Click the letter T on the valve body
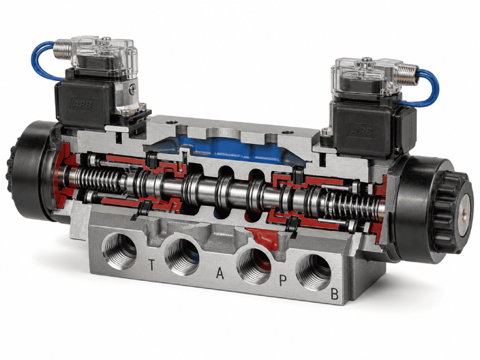pos(151,265)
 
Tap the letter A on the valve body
pos(220,274)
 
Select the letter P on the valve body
pos(283,281)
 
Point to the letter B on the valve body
pos(335,294)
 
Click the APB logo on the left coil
pos(82,104)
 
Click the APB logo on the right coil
pos(362,131)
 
